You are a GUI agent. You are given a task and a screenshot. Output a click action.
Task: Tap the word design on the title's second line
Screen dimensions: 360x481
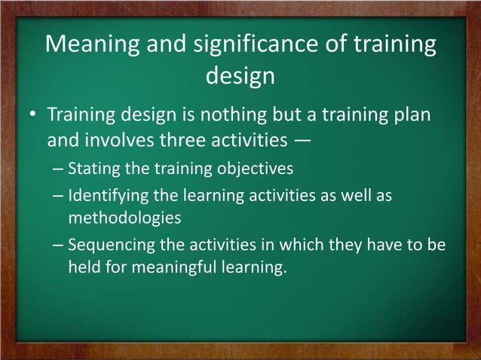click(240, 76)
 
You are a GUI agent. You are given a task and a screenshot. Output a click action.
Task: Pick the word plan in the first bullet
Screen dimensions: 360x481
click(412, 117)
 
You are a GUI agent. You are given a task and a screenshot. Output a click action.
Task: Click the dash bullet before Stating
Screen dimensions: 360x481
click(58, 168)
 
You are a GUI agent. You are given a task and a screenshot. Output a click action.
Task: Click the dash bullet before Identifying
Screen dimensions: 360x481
click(58, 196)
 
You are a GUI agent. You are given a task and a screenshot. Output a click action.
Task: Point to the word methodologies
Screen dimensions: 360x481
click(124, 218)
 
